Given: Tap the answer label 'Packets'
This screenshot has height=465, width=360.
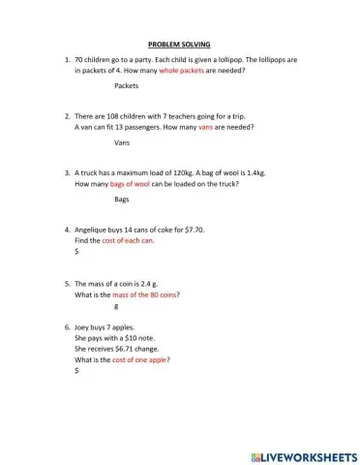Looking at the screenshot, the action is (x=126, y=86).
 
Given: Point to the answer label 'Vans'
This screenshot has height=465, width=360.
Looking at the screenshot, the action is (x=122, y=142).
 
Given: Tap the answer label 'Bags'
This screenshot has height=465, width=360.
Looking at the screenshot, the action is (x=122, y=200).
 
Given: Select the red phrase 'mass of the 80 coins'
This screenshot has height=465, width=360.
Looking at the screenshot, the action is (x=147, y=294).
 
